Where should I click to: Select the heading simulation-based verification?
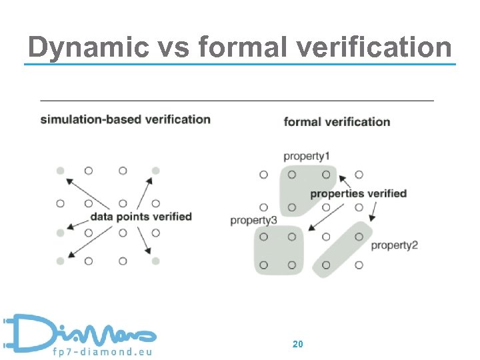click(x=125, y=120)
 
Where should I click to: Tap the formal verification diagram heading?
click(x=337, y=121)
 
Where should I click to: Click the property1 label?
click(x=307, y=156)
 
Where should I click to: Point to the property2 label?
click(x=394, y=245)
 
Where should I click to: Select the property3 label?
click(x=253, y=220)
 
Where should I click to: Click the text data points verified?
click(x=141, y=217)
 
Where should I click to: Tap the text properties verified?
click(x=358, y=194)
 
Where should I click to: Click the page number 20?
click(x=298, y=344)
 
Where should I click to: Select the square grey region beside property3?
click(x=278, y=250)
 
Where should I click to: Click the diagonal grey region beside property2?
click(x=341, y=250)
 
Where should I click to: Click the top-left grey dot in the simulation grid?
click(x=61, y=171)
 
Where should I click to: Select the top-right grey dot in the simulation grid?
click(x=156, y=171)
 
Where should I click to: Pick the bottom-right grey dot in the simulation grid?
click(x=156, y=261)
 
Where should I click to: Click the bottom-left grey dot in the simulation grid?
click(x=61, y=261)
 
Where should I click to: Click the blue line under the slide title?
click(x=240, y=65)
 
